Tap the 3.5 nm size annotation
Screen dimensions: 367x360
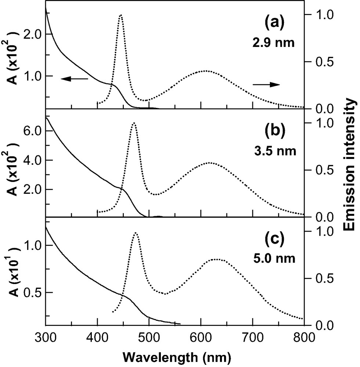pyautogui.click(x=275, y=150)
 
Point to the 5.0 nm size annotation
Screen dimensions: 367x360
pyautogui.click(x=275, y=258)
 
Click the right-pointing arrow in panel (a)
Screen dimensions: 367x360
pyautogui.click(x=266, y=84)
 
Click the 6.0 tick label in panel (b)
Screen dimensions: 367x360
pyautogui.click(x=32, y=131)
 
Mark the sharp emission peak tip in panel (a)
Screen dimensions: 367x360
pyautogui.click(x=121, y=15)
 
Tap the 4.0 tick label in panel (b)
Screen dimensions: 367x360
pyautogui.click(x=32, y=160)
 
